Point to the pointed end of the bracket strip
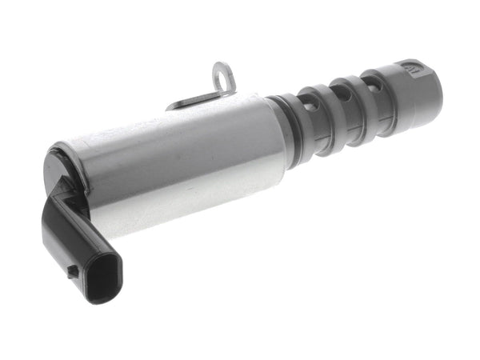click(x=170, y=106)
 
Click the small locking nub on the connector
click(x=73, y=270)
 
